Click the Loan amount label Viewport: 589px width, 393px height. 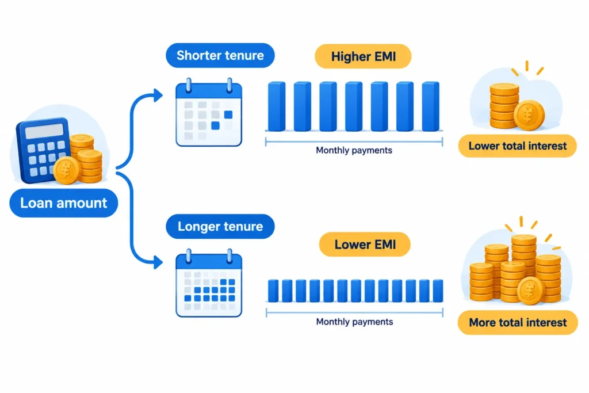[x=63, y=203]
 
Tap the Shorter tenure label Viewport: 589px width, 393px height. [x=220, y=55]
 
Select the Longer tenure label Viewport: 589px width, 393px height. [x=220, y=226]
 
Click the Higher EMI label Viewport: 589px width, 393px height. [x=363, y=56]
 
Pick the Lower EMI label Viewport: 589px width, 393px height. [x=365, y=244]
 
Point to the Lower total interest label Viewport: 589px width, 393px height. [x=517, y=146]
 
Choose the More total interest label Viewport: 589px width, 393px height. [x=518, y=322]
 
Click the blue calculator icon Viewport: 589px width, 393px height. [x=43, y=150]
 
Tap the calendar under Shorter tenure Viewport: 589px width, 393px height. [x=209, y=112]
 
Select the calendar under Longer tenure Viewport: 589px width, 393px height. [x=209, y=283]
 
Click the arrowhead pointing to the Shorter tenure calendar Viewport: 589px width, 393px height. [x=158, y=95]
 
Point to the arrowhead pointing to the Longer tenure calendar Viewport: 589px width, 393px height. [x=158, y=262]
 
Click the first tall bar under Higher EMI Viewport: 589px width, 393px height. [x=277, y=106]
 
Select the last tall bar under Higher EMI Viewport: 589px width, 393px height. [x=430, y=106]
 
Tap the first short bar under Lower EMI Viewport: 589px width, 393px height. [x=273, y=291]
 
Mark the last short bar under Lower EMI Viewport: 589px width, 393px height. [x=438, y=291]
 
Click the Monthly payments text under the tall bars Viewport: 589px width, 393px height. [x=354, y=150]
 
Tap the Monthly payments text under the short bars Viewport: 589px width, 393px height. [x=354, y=322]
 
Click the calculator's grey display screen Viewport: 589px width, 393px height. [x=44, y=131]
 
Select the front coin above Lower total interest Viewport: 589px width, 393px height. [x=529, y=115]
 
